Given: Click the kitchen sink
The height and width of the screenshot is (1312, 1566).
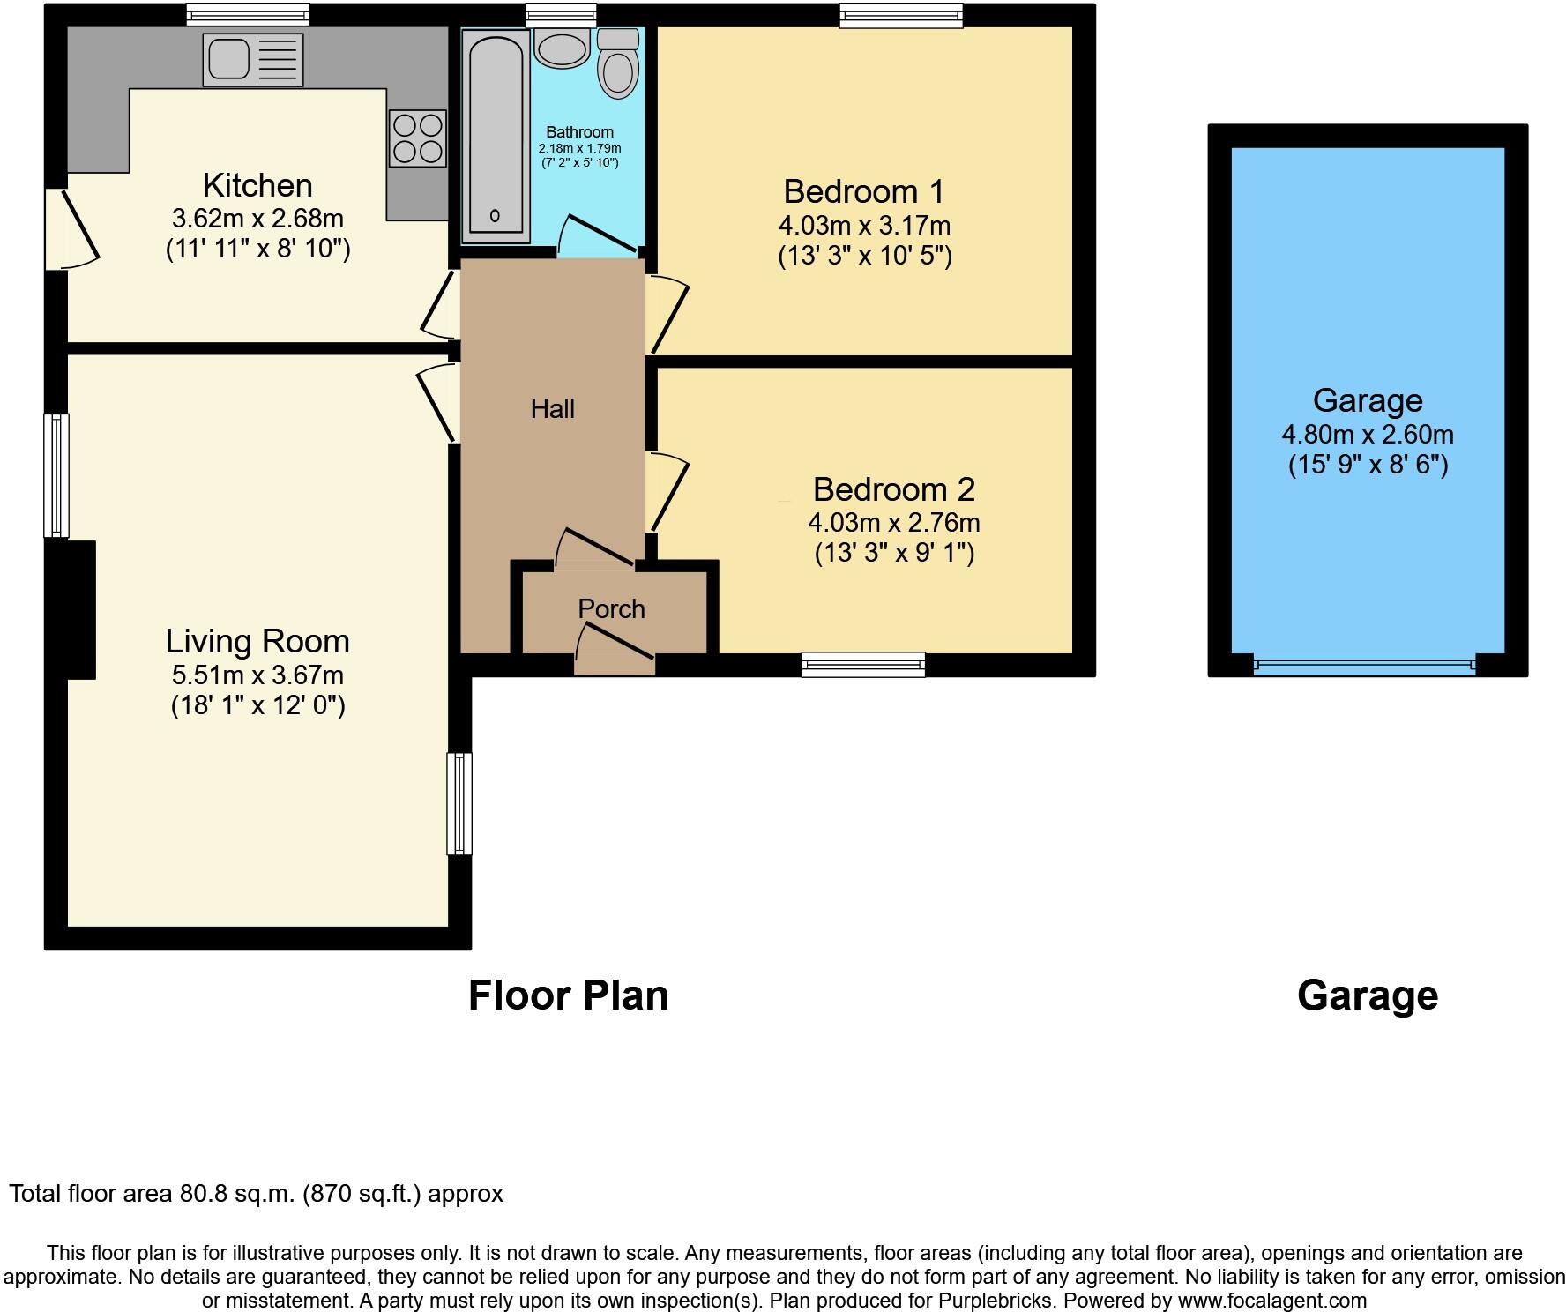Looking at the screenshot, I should click(x=252, y=59).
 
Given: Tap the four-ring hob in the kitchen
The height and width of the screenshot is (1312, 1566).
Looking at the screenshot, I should click(x=417, y=138).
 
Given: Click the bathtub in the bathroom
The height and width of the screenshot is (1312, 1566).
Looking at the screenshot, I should click(x=495, y=137).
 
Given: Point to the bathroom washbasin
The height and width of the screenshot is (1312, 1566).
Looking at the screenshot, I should click(x=563, y=48).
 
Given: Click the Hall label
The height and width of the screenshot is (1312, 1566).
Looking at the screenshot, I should click(x=553, y=408).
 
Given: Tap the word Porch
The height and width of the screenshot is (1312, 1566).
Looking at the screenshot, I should click(x=611, y=608).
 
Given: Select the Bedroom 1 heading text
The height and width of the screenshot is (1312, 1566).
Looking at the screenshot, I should click(x=863, y=191).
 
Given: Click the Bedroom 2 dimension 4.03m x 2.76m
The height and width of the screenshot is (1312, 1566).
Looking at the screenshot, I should click(x=893, y=522).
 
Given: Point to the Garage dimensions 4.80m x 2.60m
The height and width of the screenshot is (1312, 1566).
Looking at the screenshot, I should click(x=1367, y=434).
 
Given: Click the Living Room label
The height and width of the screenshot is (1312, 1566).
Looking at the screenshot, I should click(x=257, y=641).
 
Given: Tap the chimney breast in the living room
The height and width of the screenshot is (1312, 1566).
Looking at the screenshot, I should click(x=81, y=609).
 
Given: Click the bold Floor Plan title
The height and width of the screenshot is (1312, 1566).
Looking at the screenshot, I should click(x=568, y=995).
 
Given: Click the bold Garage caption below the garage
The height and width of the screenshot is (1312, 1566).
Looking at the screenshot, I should click(x=1367, y=995).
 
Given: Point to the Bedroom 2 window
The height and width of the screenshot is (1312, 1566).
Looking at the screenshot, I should click(x=863, y=664).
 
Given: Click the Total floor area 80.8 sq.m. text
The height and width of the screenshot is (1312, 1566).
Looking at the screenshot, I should click(x=256, y=1194).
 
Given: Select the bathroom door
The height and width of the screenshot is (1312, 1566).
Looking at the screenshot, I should click(x=600, y=234).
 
